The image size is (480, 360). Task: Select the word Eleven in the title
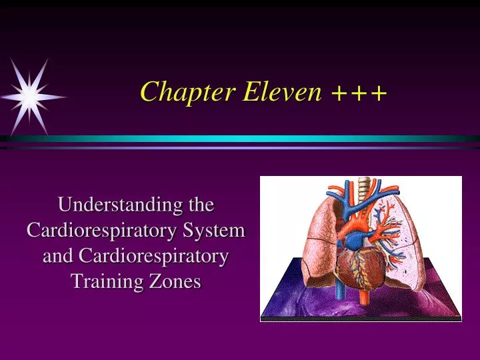pos(282,92)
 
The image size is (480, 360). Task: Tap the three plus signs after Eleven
pos(359,93)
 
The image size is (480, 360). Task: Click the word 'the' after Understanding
pos(199,205)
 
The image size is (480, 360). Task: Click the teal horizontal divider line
pos(240,139)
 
